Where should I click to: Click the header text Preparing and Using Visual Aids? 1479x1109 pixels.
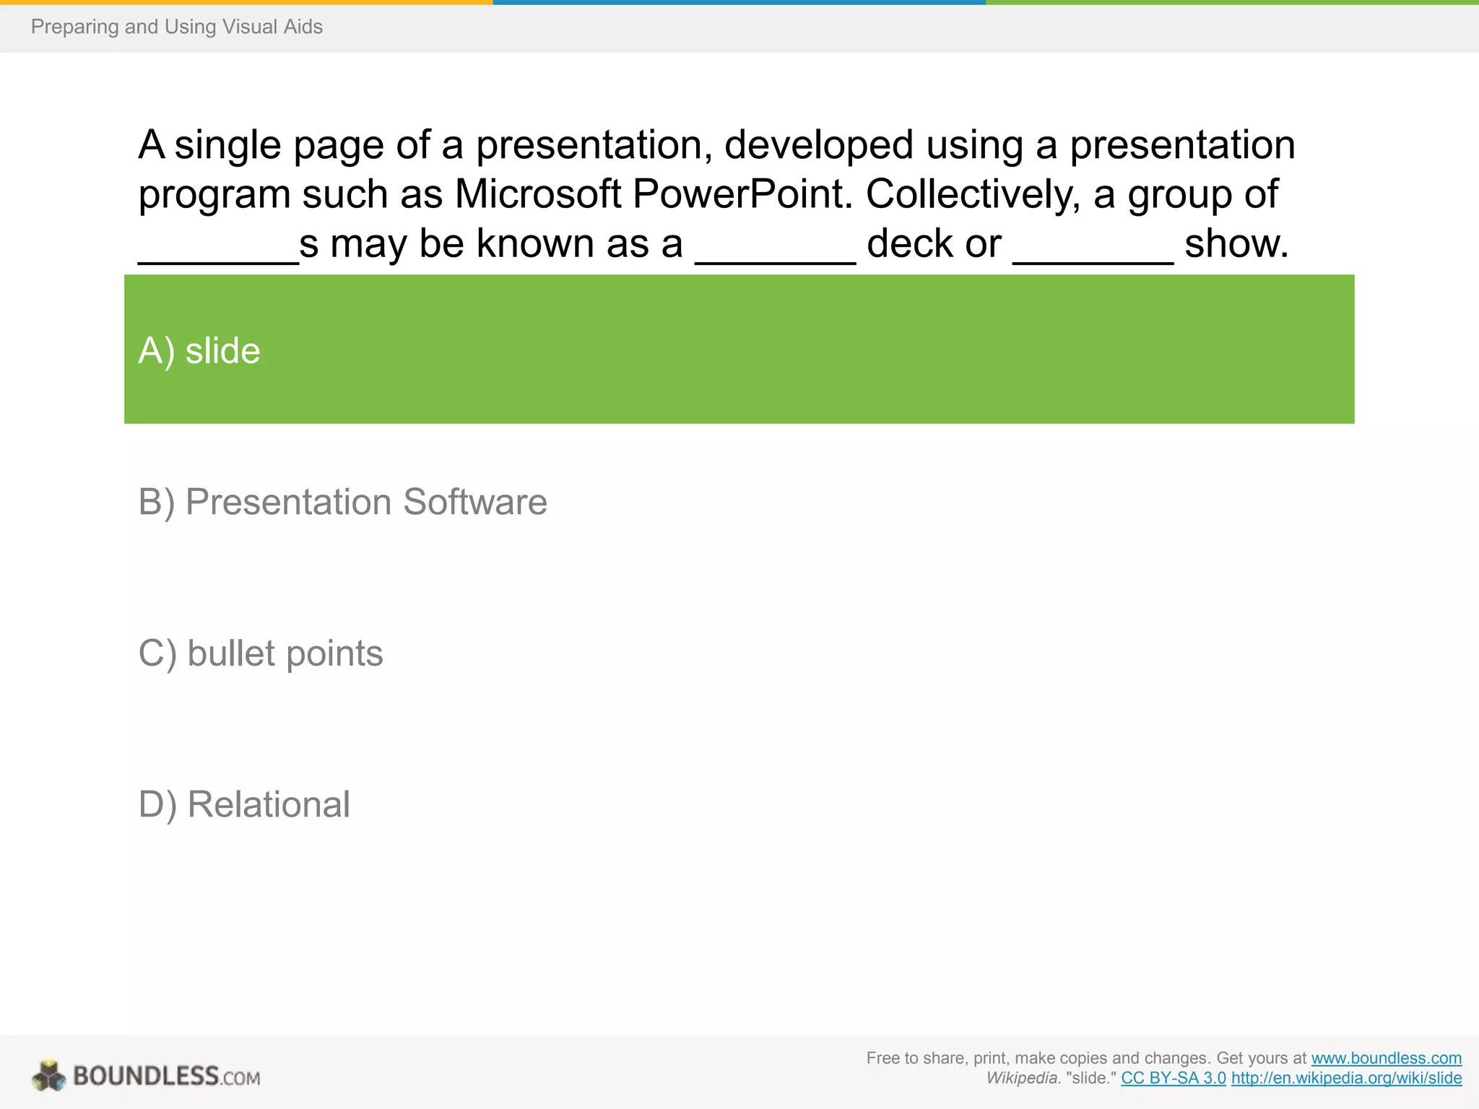coord(176,27)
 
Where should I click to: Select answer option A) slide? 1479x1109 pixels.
coord(199,351)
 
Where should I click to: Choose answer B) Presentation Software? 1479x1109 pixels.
coord(342,502)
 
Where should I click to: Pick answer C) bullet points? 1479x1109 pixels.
coord(260,653)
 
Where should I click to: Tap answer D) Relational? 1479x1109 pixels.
coord(244,804)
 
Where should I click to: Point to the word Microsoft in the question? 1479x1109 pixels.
coord(538,194)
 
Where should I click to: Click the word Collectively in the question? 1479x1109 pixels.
coord(972,194)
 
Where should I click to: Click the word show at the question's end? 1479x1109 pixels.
coord(1235,244)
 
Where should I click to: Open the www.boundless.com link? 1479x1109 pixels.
coord(1386,1058)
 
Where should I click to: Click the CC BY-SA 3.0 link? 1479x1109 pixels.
coord(1173,1079)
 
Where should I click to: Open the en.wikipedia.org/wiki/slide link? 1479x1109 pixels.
coord(1346,1079)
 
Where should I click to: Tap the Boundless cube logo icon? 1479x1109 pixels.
coord(49,1076)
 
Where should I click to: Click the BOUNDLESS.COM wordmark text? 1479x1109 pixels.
coord(166,1077)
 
